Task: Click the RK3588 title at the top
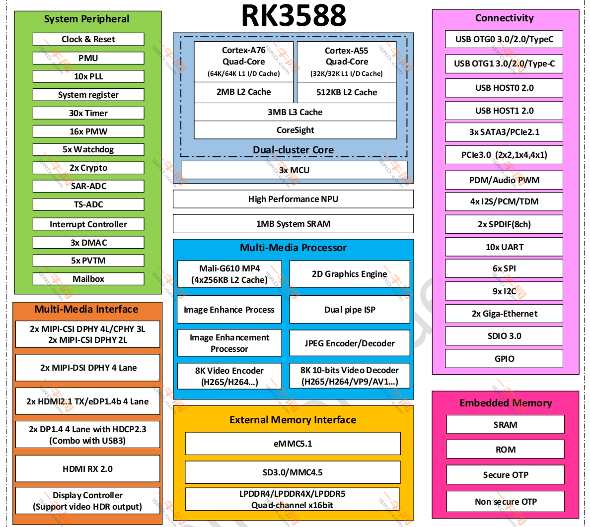(x=294, y=16)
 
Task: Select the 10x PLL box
(x=88, y=76)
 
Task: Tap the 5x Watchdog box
(x=88, y=149)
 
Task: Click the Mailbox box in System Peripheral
(x=88, y=279)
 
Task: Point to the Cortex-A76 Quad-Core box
(x=243, y=61)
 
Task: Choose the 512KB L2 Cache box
(x=347, y=92)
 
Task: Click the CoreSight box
(x=295, y=130)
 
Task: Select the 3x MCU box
(x=294, y=170)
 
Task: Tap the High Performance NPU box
(x=293, y=199)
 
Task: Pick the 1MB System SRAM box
(x=293, y=224)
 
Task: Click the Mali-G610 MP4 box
(x=229, y=274)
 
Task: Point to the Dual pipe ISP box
(x=350, y=309)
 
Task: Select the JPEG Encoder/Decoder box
(x=350, y=343)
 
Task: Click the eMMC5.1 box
(x=293, y=444)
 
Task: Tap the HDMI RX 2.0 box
(x=88, y=469)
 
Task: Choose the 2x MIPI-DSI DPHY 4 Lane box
(x=88, y=368)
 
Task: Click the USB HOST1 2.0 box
(x=504, y=111)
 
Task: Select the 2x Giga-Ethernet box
(x=504, y=314)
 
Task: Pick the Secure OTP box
(x=506, y=475)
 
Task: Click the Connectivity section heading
(x=504, y=18)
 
